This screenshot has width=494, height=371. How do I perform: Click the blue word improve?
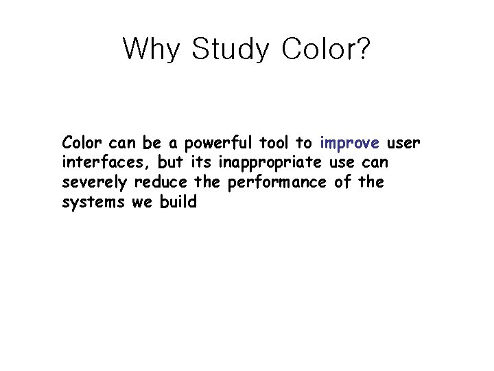(349, 144)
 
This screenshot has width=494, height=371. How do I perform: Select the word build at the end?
(179, 203)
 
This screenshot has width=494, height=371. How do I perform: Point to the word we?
(141, 203)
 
